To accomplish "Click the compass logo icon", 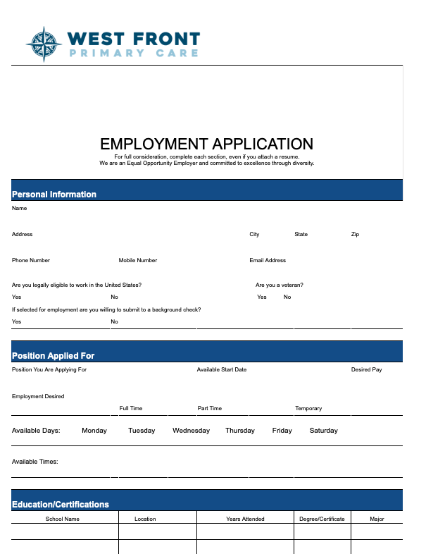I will click(44, 44).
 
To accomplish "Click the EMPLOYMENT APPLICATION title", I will click(206, 144).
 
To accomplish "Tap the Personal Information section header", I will click(54, 194).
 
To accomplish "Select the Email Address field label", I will click(268, 260).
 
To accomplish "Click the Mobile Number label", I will click(138, 260).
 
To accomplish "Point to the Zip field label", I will click(355, 234).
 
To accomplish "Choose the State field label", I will click(301, 234).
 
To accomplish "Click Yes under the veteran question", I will click(262, 297).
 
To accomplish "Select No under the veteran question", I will click(287, 297).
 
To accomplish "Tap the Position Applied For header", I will click(54, 356).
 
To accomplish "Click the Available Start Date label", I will click(222, 369).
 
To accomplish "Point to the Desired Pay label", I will click(366, 369).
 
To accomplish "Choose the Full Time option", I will click(131, 408).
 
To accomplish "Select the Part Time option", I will click(210, 408).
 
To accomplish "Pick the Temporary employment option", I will click(308, 408).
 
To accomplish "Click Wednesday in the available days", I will click(191, 431).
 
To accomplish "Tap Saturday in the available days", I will click(324, 431).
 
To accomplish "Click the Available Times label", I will click(35, 462).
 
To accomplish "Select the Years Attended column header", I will click(245, 519).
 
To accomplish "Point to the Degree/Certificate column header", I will click(322, 519).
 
